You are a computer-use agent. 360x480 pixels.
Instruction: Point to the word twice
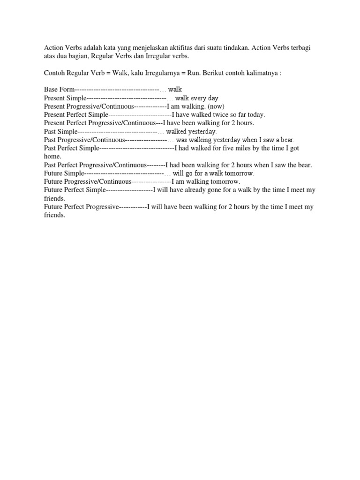220,114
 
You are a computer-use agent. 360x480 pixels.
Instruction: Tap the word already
199,190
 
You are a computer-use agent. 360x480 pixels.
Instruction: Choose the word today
255,114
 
